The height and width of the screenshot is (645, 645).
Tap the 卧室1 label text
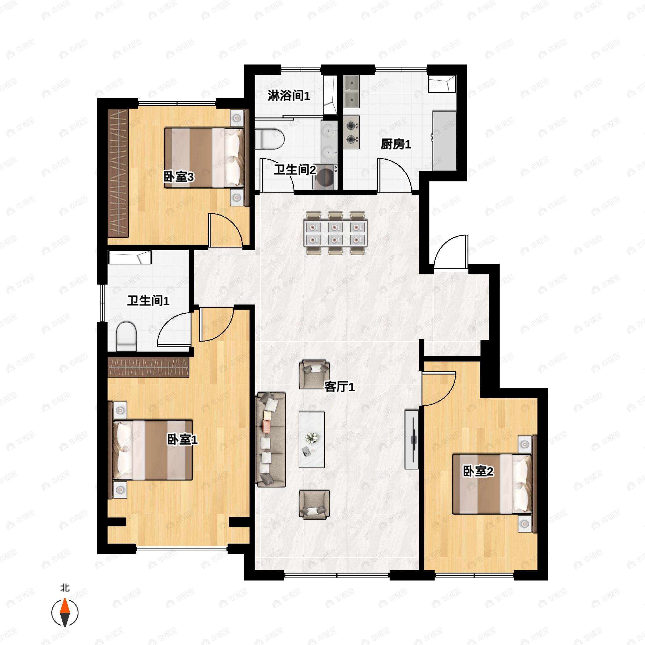point(182,440)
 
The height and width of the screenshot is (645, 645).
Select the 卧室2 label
point(478,471)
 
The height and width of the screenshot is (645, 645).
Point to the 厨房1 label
point(396,145)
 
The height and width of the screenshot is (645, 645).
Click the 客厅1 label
point(339,387)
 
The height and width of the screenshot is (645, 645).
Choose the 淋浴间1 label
point(289,96)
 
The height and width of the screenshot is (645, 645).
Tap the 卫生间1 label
point(148,301)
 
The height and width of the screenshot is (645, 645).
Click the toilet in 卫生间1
point(127,336)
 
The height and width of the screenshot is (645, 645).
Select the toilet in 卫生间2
point(270,139)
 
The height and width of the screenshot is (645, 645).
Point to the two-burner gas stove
point(351,132)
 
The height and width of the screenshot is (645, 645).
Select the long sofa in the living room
point(270,439)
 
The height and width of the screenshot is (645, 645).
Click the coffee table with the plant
point(311,439)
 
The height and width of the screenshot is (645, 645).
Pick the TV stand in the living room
point(412,439)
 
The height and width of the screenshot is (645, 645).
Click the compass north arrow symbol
point(65,613)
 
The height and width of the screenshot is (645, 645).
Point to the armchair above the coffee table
point(314,374)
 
